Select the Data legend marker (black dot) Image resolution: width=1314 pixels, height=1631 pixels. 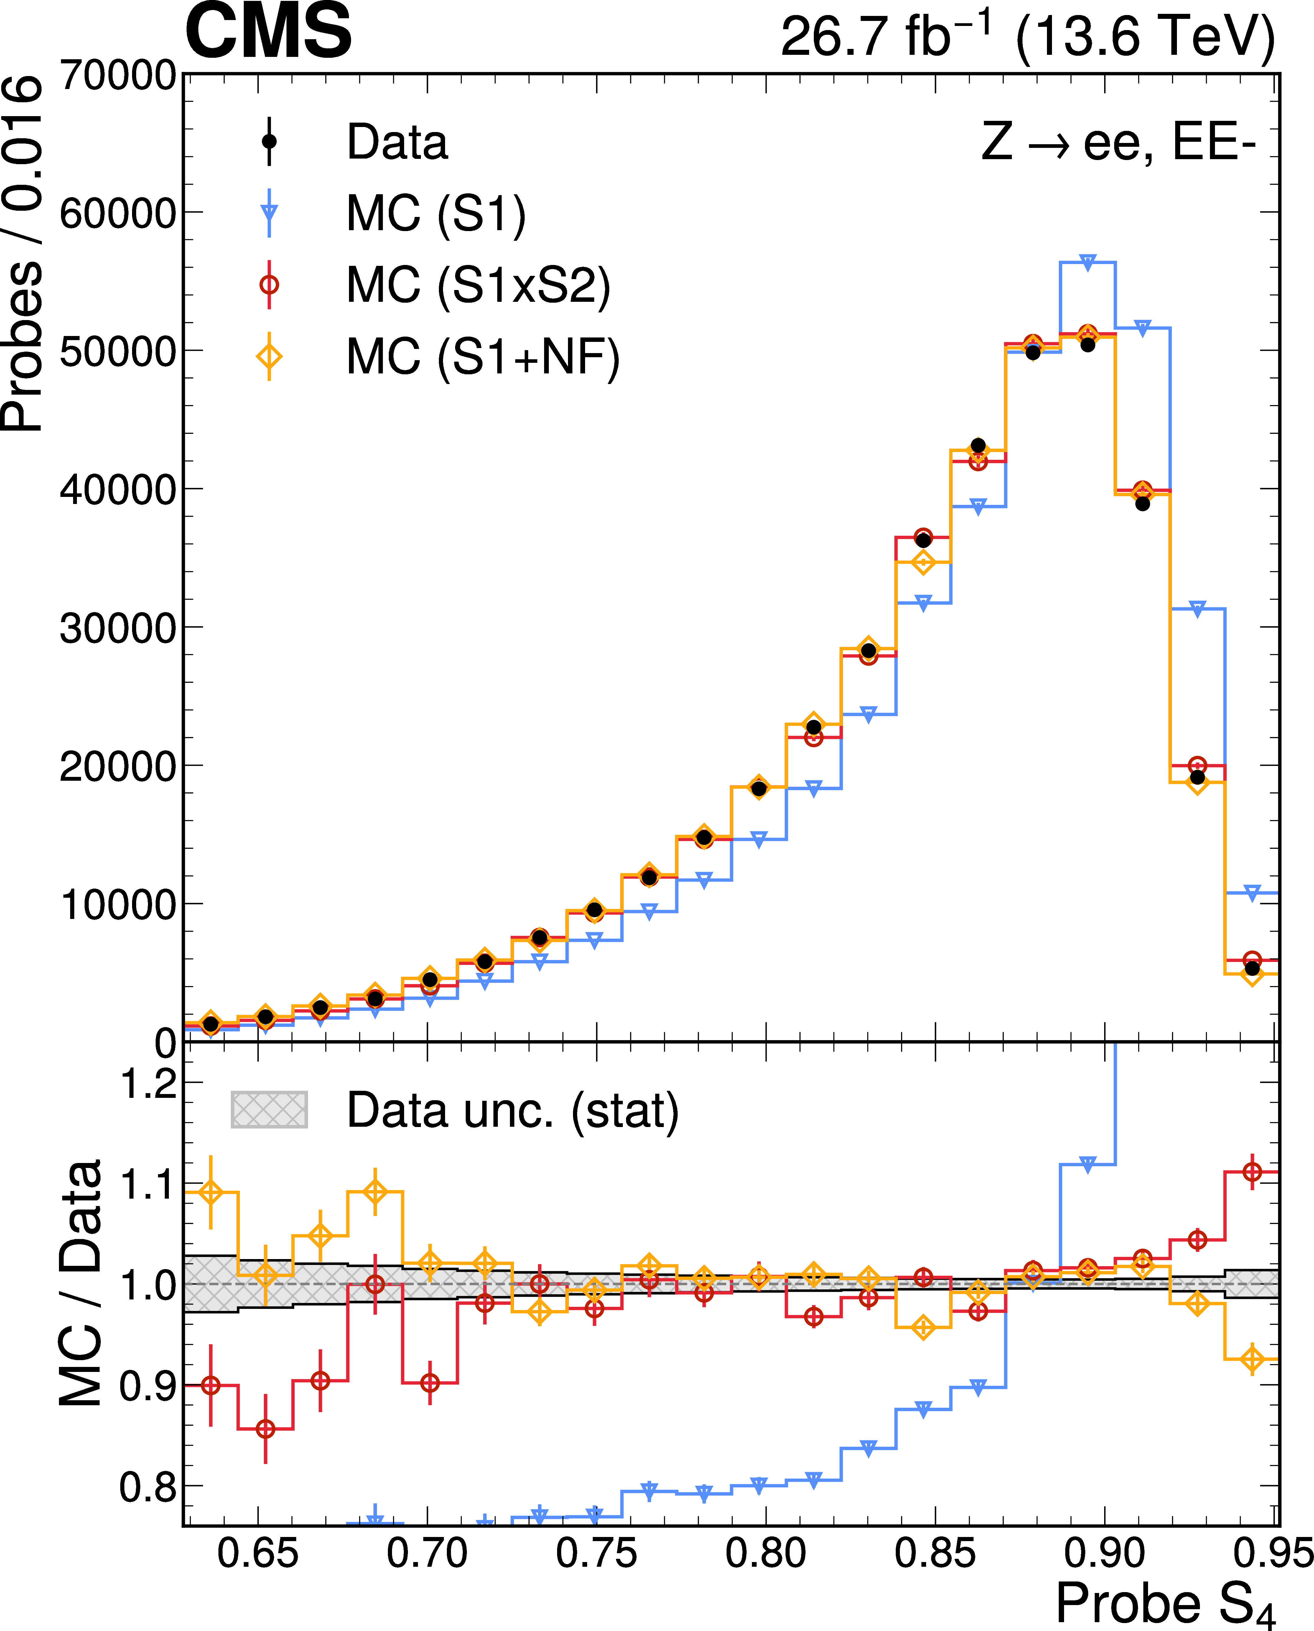[269, 141]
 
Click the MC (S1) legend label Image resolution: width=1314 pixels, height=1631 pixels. [435, 214]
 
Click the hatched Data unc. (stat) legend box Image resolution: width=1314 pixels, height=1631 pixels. [269, 1110]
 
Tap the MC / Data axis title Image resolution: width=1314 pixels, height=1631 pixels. [80, 1283]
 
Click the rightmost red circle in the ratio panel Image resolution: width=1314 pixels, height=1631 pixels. [1252, 1172]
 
